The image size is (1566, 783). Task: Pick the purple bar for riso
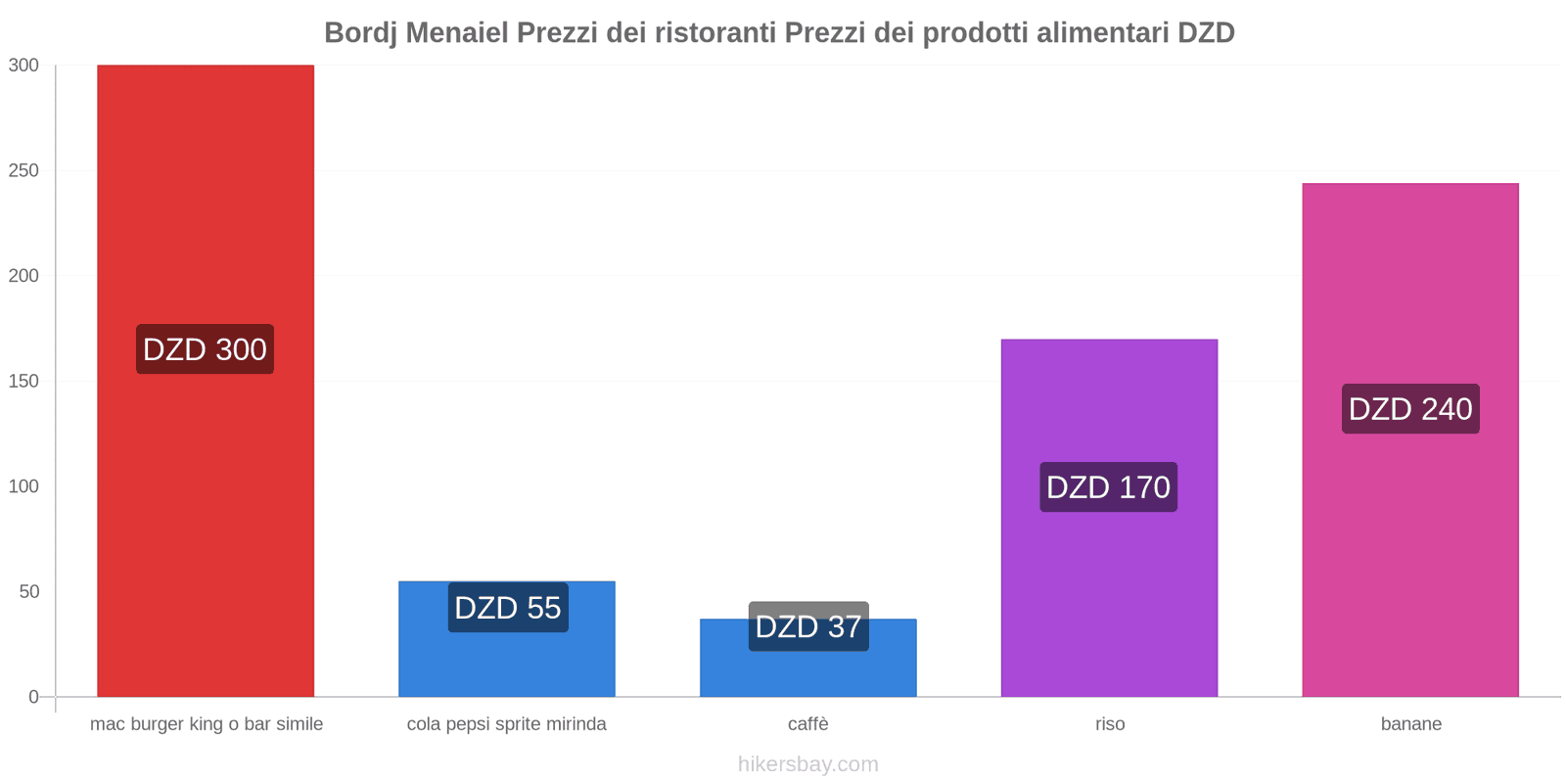1109,587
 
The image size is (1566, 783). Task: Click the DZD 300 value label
205,349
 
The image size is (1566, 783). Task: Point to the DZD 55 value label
508,608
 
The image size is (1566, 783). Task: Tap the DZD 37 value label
808,626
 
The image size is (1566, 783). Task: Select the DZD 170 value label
1108,487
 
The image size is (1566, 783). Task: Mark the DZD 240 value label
1410,409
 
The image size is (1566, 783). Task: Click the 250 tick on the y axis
23,170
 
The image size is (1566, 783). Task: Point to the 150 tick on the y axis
23,381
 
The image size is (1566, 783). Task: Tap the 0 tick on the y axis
33,697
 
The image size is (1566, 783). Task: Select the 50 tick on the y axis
28,591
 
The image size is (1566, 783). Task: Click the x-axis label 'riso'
1110,724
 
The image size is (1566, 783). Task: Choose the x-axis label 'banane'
1410,724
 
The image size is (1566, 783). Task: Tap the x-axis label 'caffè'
808,724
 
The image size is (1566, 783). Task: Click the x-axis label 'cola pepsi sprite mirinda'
507,724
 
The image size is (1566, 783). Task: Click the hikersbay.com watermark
808,764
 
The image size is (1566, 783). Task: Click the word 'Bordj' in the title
361,33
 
